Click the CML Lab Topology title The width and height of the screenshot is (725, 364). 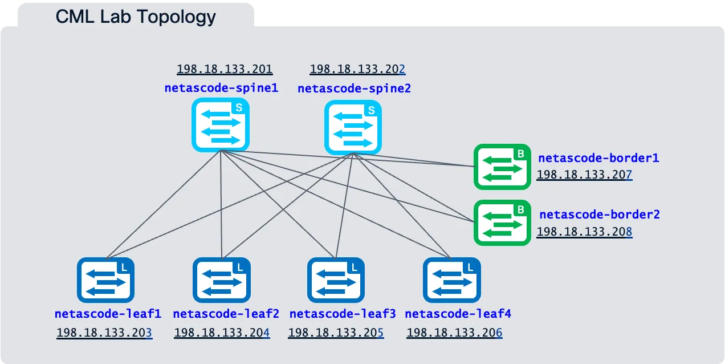click(136, 17)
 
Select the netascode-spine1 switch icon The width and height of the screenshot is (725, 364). click(221, 124)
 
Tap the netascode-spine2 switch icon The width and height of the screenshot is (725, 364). click(353, 127)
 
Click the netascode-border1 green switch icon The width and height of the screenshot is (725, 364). click(502, 167)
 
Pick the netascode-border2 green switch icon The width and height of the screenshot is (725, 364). click(502, 223)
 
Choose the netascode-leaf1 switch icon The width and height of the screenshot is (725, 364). click(105, 280)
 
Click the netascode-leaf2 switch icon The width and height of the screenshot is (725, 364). click(221, 280)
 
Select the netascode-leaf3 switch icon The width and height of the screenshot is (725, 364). click(336, 280)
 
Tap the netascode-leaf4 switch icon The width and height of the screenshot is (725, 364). click(451, 280)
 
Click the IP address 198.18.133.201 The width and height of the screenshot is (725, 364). click(225, 70)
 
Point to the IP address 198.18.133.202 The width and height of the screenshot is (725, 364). click(357, 70)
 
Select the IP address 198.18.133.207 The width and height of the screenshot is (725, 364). click(584, 175)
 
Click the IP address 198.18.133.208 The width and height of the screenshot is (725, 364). click(584, 232)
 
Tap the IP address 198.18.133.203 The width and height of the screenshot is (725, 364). click(104, 333)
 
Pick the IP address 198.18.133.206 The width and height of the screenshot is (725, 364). click(454, 333)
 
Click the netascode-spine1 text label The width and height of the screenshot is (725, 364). click(221, 88)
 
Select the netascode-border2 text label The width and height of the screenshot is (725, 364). click(600, 215)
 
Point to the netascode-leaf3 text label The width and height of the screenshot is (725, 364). click(343, 314)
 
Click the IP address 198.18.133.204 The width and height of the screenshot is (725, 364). click(222, 333)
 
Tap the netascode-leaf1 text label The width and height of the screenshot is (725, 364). click(108, 314)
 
